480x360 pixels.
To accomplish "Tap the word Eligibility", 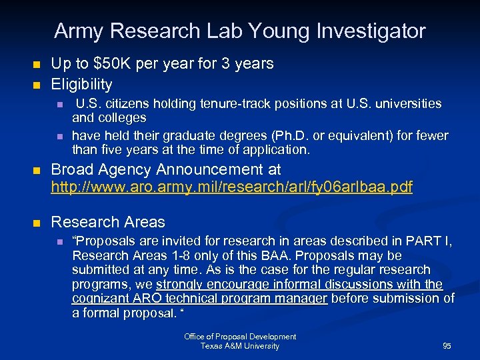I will click(x=81, y=85).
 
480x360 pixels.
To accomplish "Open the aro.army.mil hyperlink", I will click(x=231, y=187).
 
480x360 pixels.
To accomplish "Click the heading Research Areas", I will click(x=108, y=222).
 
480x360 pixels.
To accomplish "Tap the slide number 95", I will click(x=447, y=346).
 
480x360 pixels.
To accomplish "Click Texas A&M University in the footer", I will click(x=240, y=346).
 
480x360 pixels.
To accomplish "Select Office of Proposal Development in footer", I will click(x=240, y=337).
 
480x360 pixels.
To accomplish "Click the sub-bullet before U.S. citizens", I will click(x=59, y=105).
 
